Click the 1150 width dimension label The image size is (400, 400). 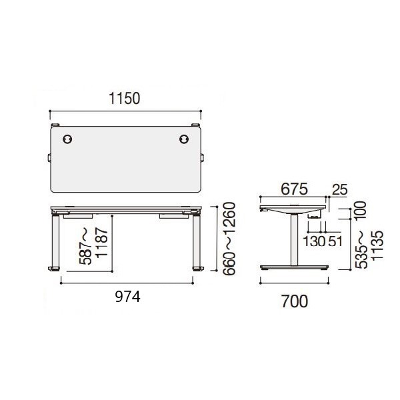(x=125, y=99)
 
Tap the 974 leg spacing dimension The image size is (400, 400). (x=128, y=297)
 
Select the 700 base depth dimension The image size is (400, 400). (x=295, y=301)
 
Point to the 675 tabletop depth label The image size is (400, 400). (x=295, y=189)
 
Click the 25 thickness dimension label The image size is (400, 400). (x=340, y=190)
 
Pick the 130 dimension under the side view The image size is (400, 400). (x=314, y=241)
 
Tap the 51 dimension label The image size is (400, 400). (x=335, y=241)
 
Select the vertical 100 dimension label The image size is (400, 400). (x=360, y=211)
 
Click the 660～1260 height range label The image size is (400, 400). (x=229, y=239)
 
